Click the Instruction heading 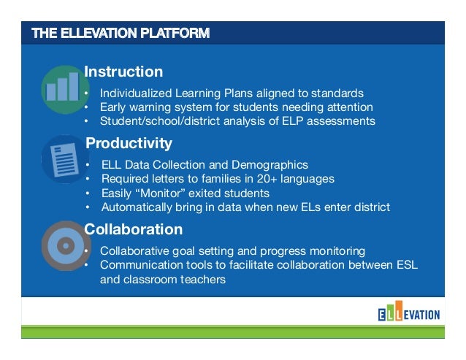[x=123, y=72]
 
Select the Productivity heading [x=129, y=143]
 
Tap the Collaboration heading [x=134, y=229]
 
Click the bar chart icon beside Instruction [x=65, y=88]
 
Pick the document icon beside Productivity [x=65, y=159]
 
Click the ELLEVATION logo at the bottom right [x=408, y=315]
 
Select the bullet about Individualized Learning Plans [x=231, y=93]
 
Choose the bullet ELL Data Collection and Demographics [x=205, y=165]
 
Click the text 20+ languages [x=299, y=179]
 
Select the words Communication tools [x=145, y=264]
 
